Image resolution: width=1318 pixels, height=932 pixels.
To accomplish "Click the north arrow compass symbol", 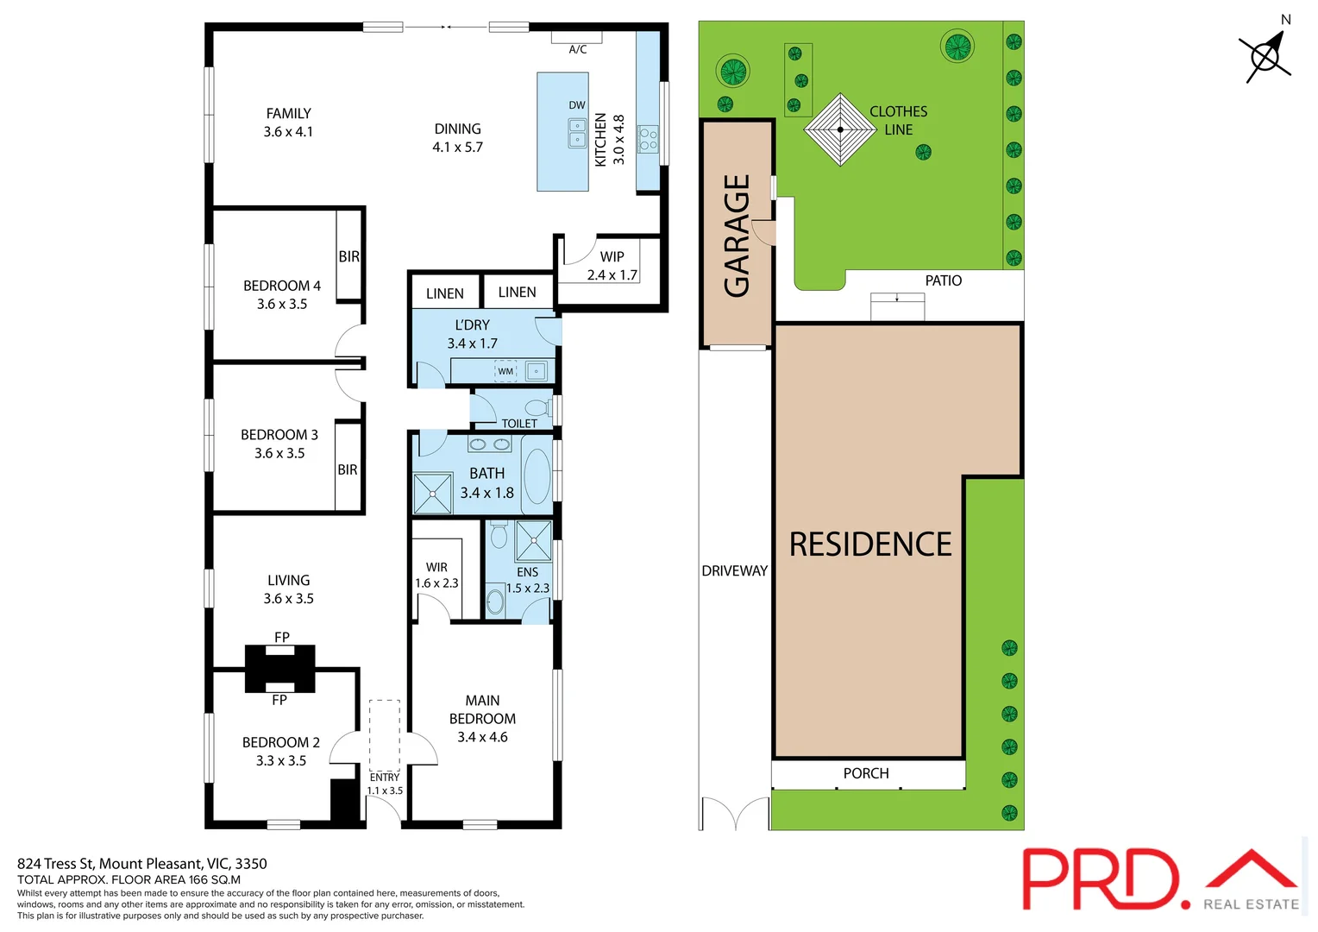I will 1265,57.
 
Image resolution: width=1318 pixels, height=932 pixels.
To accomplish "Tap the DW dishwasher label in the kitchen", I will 577,105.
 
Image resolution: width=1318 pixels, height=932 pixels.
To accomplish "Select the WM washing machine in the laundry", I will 505,371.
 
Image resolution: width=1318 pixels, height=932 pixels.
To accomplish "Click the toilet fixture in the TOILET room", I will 537,407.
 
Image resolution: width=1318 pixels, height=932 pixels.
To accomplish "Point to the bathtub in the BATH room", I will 537,475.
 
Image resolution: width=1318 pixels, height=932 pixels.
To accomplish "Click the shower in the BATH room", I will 432,494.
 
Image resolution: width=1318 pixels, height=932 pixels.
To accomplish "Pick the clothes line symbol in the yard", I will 839,129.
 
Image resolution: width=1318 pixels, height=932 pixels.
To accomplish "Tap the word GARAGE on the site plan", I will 737,236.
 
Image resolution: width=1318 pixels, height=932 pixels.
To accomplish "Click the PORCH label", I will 865,773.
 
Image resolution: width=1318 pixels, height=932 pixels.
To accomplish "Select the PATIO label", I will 943,280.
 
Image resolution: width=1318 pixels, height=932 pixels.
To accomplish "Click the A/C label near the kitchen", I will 577,50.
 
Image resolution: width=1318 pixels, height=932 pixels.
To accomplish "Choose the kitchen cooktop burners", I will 648,139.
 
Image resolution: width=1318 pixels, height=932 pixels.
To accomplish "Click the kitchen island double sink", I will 577,134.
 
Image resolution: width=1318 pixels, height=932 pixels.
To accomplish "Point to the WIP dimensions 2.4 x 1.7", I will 612,275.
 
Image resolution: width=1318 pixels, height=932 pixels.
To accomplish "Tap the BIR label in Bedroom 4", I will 348,256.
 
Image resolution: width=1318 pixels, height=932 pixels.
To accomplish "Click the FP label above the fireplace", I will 281,637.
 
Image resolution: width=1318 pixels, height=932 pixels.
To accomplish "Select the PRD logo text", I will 1101,879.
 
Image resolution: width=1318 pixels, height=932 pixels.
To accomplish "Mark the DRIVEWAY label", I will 734,570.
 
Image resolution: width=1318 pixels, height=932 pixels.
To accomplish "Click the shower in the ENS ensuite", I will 533,541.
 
